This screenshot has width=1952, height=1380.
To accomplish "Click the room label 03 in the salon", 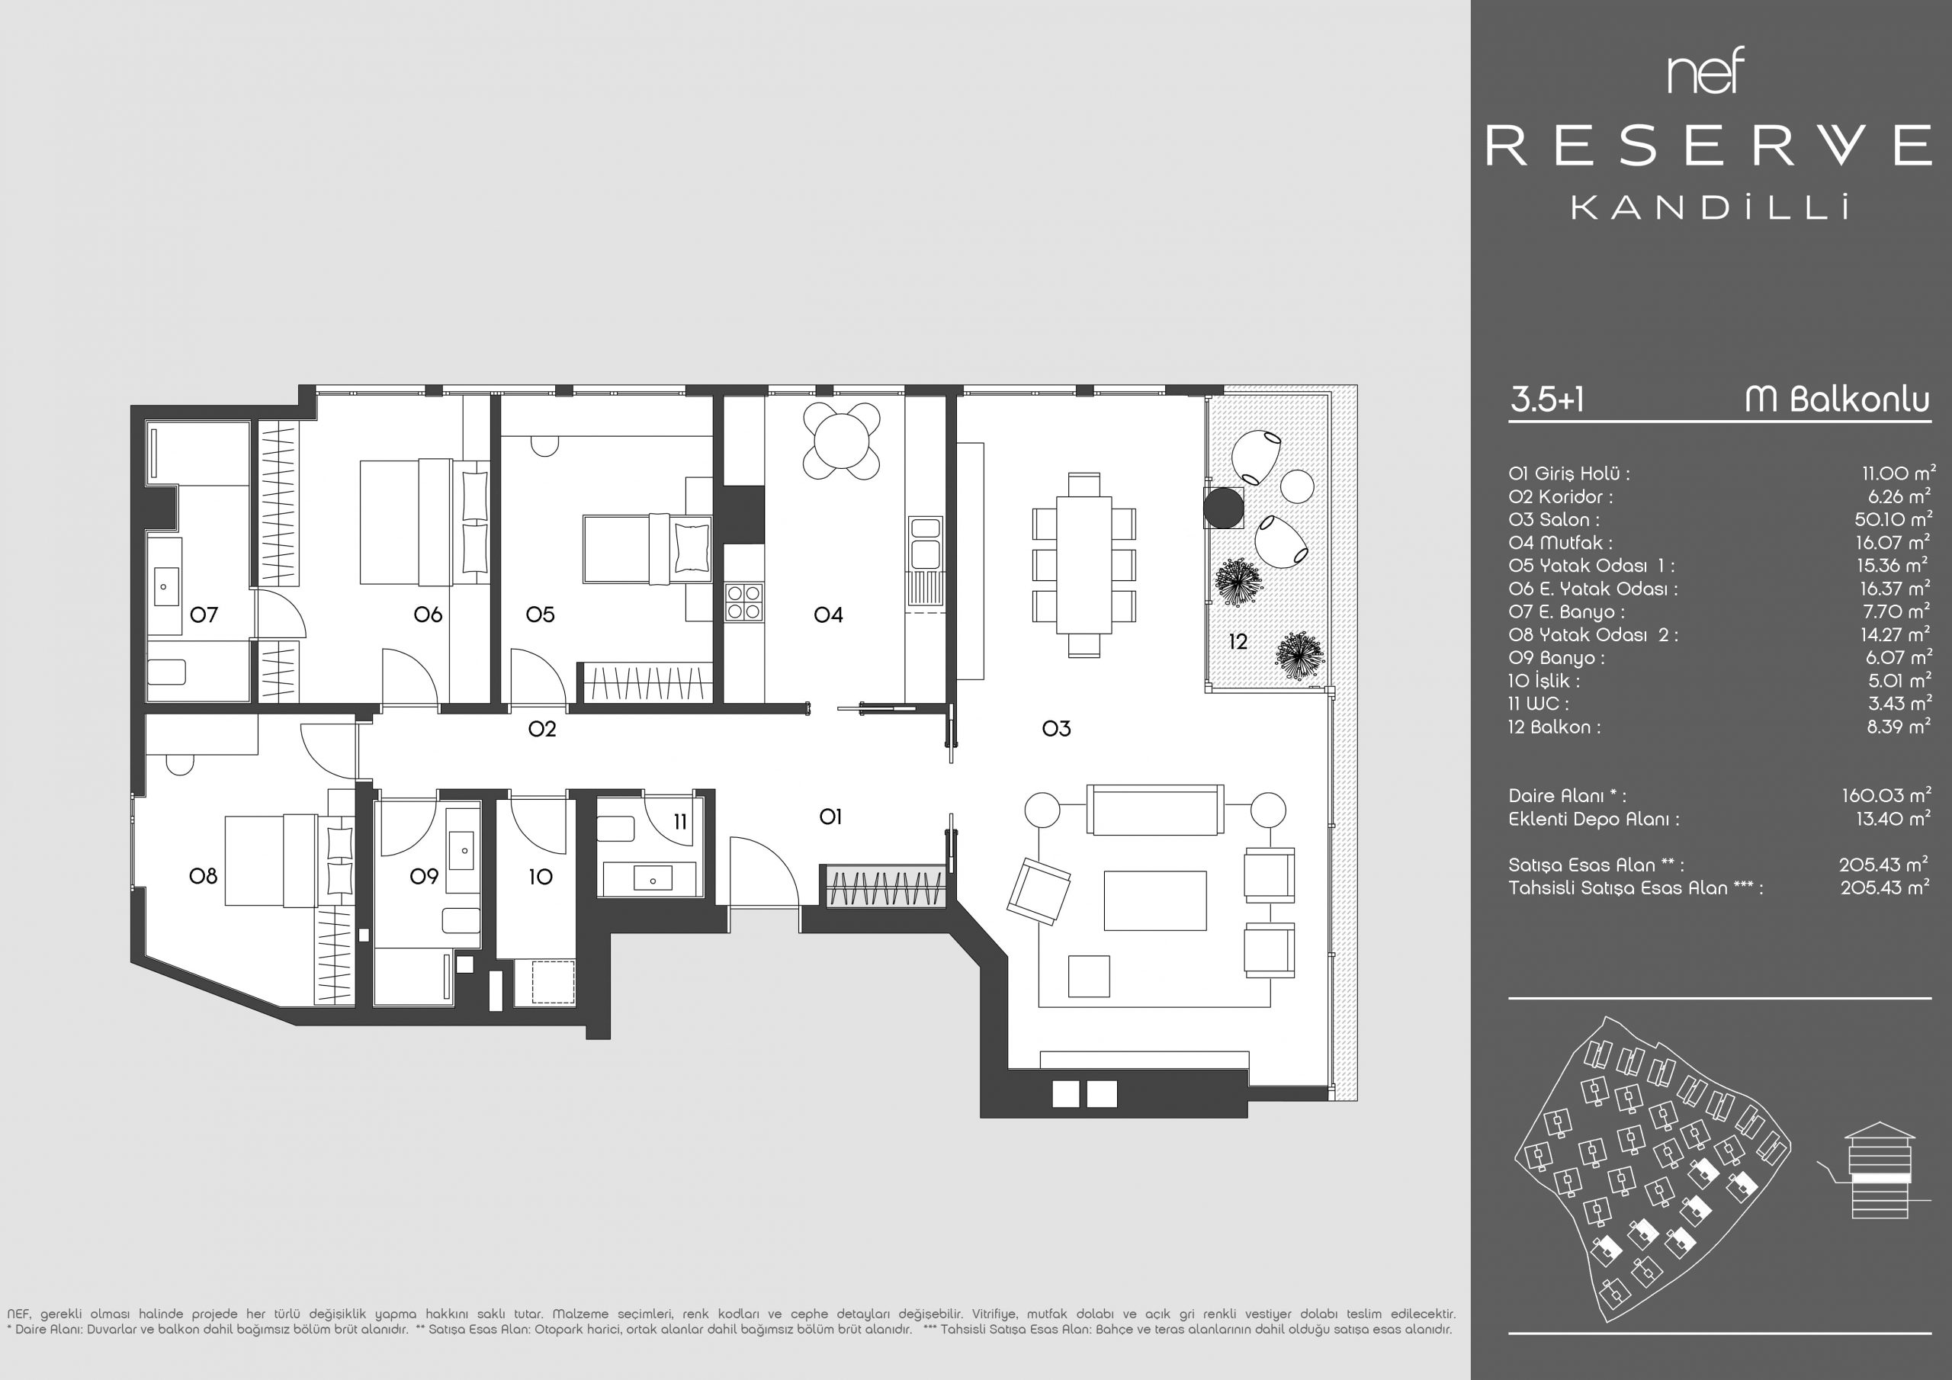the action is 1056,728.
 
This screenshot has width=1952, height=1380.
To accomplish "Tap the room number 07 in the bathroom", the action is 204,614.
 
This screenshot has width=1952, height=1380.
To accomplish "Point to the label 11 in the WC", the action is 680,821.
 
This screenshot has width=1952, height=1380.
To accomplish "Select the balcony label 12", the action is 1238,642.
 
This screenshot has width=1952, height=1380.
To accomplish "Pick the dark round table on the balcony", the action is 1223,509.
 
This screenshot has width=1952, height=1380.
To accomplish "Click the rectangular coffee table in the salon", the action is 1154,900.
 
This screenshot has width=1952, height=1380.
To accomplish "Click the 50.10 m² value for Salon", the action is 1893,518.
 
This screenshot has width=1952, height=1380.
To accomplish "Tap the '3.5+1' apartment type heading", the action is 1547,399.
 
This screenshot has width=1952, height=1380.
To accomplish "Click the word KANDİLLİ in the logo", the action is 1710,207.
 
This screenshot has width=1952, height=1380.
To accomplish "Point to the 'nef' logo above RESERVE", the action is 1706,72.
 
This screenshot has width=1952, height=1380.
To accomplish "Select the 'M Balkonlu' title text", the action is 1837,399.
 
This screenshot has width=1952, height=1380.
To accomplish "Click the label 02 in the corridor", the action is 541,728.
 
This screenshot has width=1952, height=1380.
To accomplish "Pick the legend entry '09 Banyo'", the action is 1557,657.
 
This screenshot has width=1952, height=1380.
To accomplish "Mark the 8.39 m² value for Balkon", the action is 1899,726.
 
